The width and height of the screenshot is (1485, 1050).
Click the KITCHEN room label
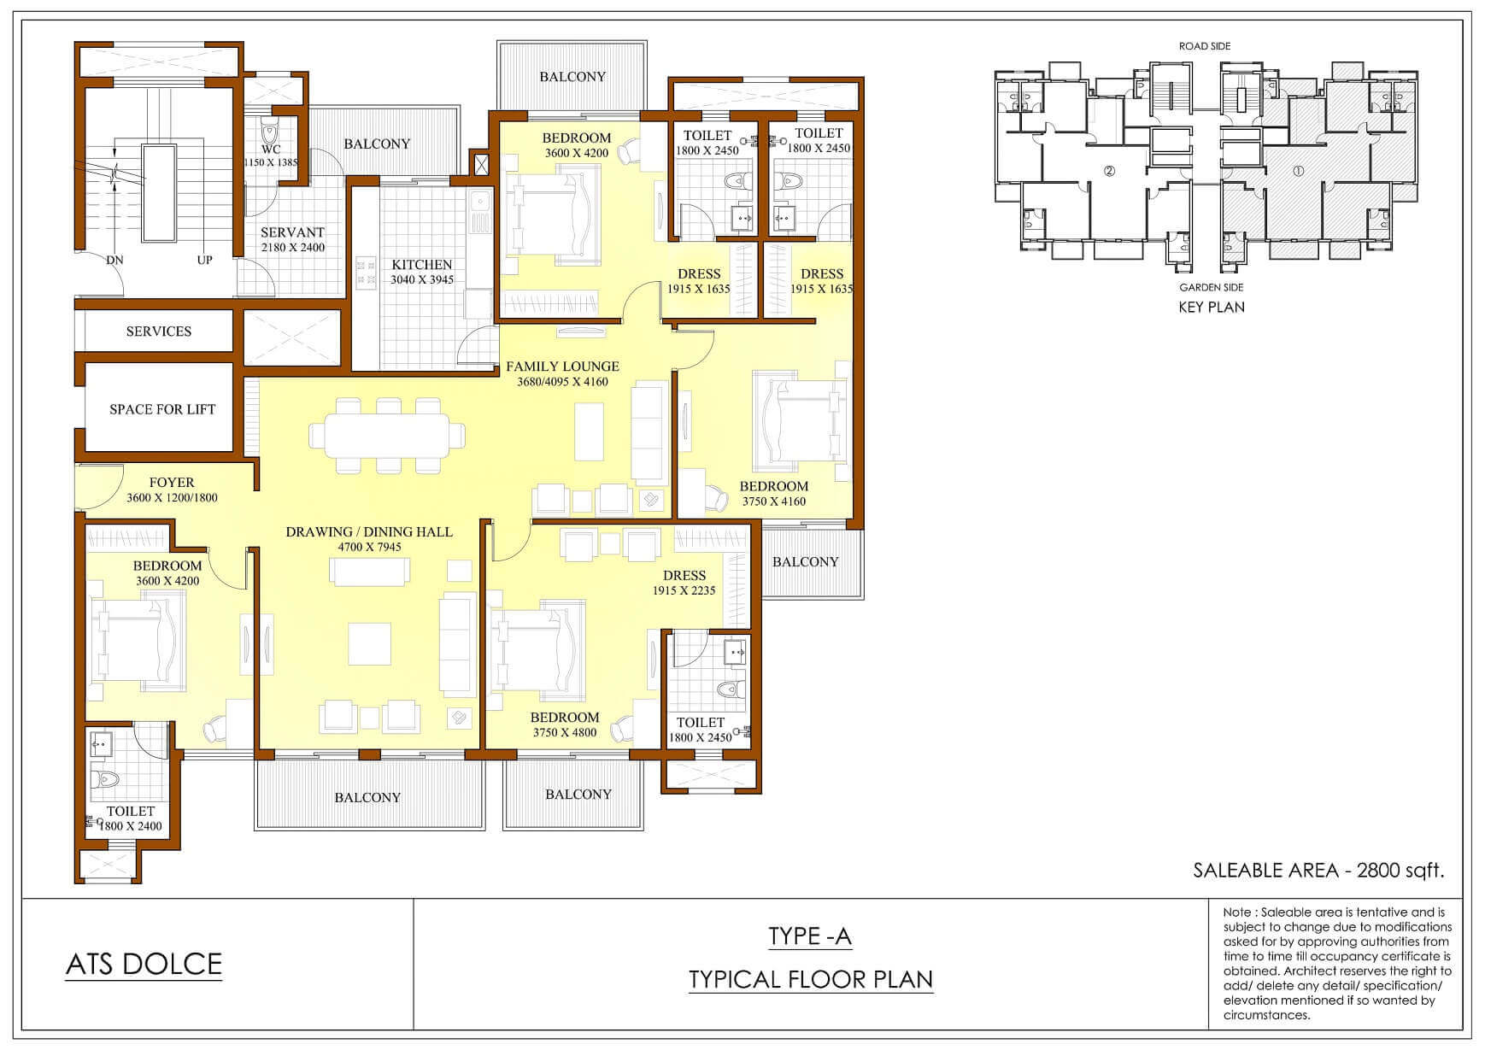pos(422,265)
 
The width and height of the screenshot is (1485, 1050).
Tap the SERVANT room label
pos(292,232)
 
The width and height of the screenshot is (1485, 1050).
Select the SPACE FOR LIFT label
pos(162,409)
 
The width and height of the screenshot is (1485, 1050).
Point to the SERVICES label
pos(159,331)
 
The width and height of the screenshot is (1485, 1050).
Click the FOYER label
pos(172,483)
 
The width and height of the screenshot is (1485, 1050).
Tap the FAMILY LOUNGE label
pos(562,367)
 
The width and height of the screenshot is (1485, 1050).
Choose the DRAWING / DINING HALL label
pos(369,532)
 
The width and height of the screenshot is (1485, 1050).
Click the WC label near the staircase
pos(271,150)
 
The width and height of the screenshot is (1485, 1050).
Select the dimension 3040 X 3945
pos(422,280)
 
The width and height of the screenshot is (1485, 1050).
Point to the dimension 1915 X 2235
pos(684,591)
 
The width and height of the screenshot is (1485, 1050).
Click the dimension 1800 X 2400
pos(131,826)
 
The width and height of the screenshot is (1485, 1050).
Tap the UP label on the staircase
pos(205,260)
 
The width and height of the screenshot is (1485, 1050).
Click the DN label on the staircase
pos(115,260)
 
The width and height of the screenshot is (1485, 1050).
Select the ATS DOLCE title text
pos(144,965)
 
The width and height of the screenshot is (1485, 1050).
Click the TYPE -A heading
pos(810,936)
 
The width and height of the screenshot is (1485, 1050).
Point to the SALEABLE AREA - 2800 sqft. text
pos(1318,871)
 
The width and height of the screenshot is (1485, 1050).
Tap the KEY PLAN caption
pos(1212,308)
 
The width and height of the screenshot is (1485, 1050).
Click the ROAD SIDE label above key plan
pos(1205,46)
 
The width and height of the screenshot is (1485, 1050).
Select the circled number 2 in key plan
pos(1110,171)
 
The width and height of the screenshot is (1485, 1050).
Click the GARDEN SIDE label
pos(1212,288)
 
